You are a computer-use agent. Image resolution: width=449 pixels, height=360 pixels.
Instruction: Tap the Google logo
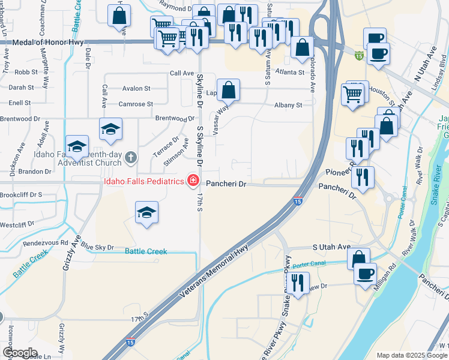click(x=20, y=353)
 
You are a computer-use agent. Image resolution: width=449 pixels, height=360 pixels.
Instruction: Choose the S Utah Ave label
click(x=331, y=247)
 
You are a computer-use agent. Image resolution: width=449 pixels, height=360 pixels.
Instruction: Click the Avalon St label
click(x=136, y=88)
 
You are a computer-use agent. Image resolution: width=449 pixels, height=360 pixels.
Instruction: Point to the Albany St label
click(x=288, y=105)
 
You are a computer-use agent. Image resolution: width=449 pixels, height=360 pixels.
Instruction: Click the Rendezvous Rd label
click(x=46, y=243)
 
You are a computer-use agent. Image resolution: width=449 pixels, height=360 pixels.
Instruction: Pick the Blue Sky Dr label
click(x=97, y=247)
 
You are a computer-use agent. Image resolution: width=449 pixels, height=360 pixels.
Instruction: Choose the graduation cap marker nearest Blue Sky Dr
click(x=146, y=214)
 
